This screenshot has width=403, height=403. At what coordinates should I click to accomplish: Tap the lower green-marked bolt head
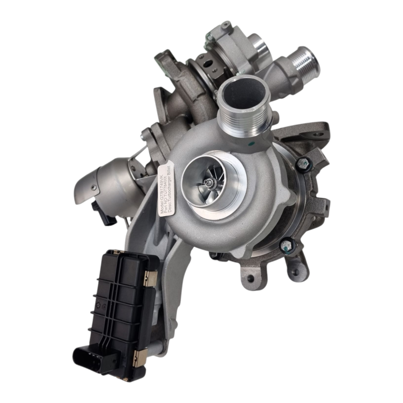pyautogui.click(x=286, y=245)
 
